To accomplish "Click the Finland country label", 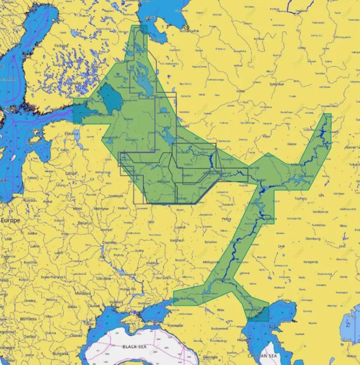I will tap(62, 45).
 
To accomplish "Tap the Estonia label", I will tap(72, 133).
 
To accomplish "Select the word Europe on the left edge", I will tap(10, 220).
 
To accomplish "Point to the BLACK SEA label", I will tap(133, 346).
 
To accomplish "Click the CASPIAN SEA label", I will tap(262, 355).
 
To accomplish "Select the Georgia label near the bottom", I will tap(210, 357).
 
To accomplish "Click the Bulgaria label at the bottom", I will tap(60, 353).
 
